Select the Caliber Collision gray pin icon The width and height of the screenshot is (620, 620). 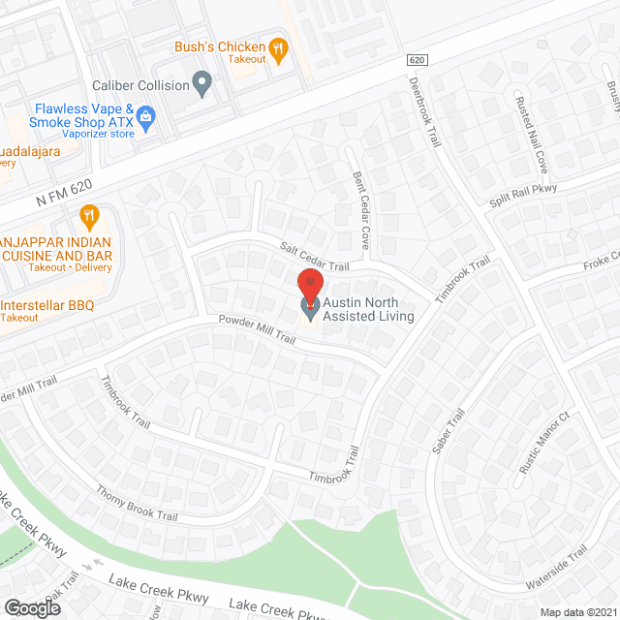pos(202,85)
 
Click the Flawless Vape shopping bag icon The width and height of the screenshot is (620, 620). pos(146,118)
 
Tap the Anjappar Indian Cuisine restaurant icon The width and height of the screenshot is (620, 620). pos(90,215)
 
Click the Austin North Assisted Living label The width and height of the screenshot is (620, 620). pos(369,310)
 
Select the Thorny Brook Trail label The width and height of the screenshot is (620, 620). pos(137,503)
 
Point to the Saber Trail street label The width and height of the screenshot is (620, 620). pos(449,431)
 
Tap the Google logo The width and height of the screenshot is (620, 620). pos(31,607)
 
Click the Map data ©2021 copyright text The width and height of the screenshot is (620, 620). pos(577,612)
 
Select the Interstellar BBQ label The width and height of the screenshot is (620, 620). pos(48,306)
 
